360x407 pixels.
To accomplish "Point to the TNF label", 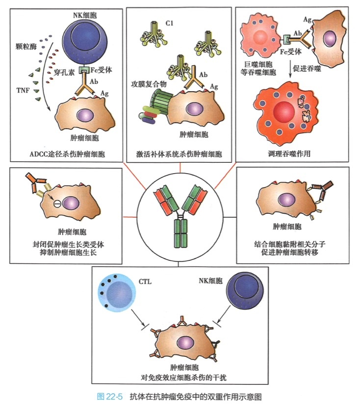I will [x=22, y=90].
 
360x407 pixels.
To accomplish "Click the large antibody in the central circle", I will [x=180, y=216].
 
